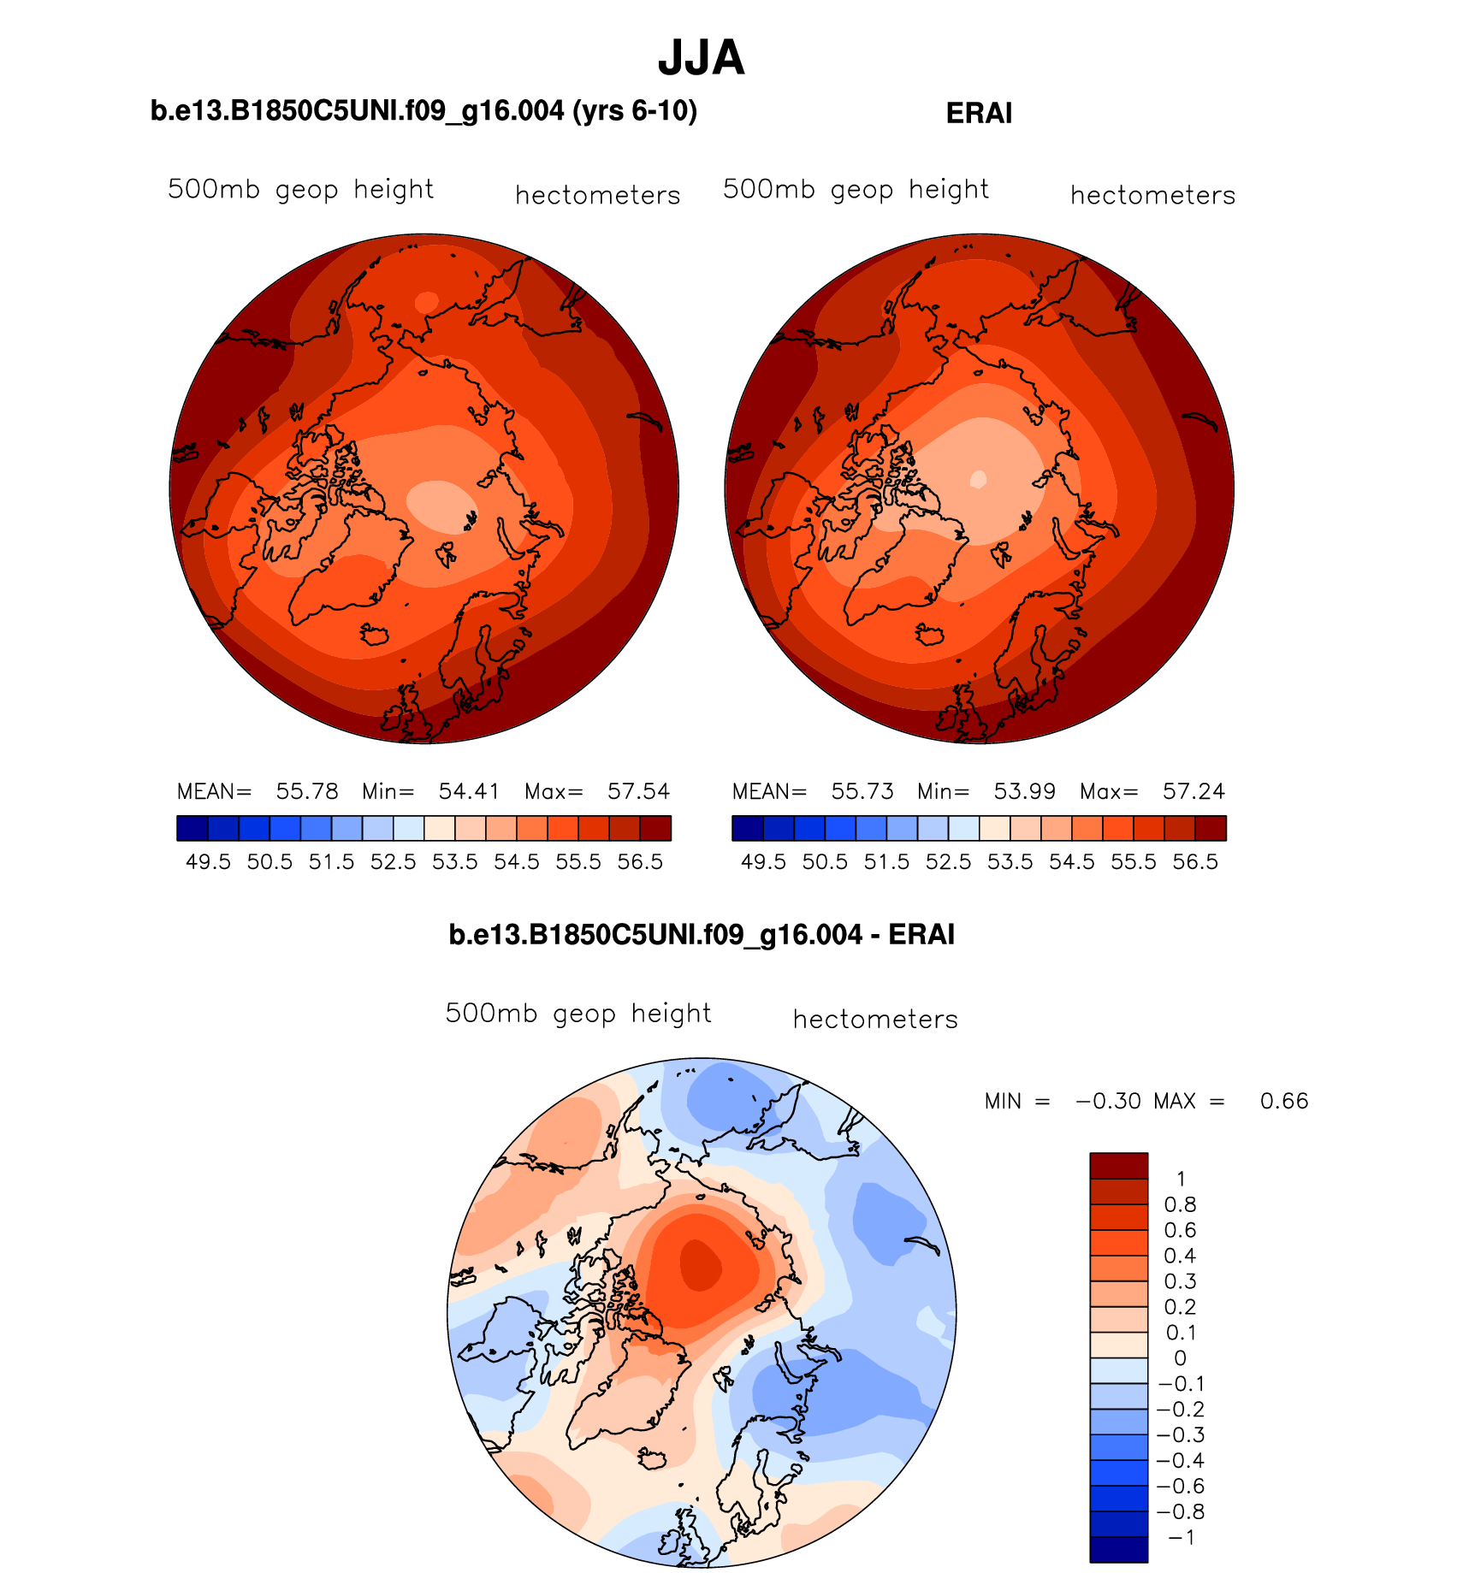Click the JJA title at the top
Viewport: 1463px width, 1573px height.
point(701,58)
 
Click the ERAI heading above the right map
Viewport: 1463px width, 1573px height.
point(979,114)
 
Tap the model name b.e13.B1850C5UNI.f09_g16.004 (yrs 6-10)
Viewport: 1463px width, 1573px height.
point(423,111)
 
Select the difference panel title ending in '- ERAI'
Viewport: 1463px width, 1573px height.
point(701,934)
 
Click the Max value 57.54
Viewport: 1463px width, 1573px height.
point(638,791)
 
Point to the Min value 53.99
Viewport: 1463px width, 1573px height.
point(1024,791)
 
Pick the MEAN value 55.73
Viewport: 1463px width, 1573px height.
point(862,791)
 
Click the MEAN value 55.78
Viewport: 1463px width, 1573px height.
point(307,791)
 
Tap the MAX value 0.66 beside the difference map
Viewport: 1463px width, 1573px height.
point(1284,1101)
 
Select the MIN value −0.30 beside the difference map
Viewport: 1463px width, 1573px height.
point(1108,1101)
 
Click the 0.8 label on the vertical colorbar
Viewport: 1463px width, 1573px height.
point(1180,1205)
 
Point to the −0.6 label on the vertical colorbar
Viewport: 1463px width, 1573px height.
point(1180,1486)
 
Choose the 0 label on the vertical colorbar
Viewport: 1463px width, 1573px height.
point(1180,1358)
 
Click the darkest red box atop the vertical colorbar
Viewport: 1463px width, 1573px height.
point(1118,1166)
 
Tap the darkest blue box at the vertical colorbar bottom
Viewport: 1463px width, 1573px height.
point(1118,1549)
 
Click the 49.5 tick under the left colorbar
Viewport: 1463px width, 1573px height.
point(208,862)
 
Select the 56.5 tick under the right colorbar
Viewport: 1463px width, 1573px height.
point(1194,862)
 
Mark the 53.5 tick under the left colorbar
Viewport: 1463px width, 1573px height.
point(454,862)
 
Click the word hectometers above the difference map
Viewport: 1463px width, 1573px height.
point(875,1020)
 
